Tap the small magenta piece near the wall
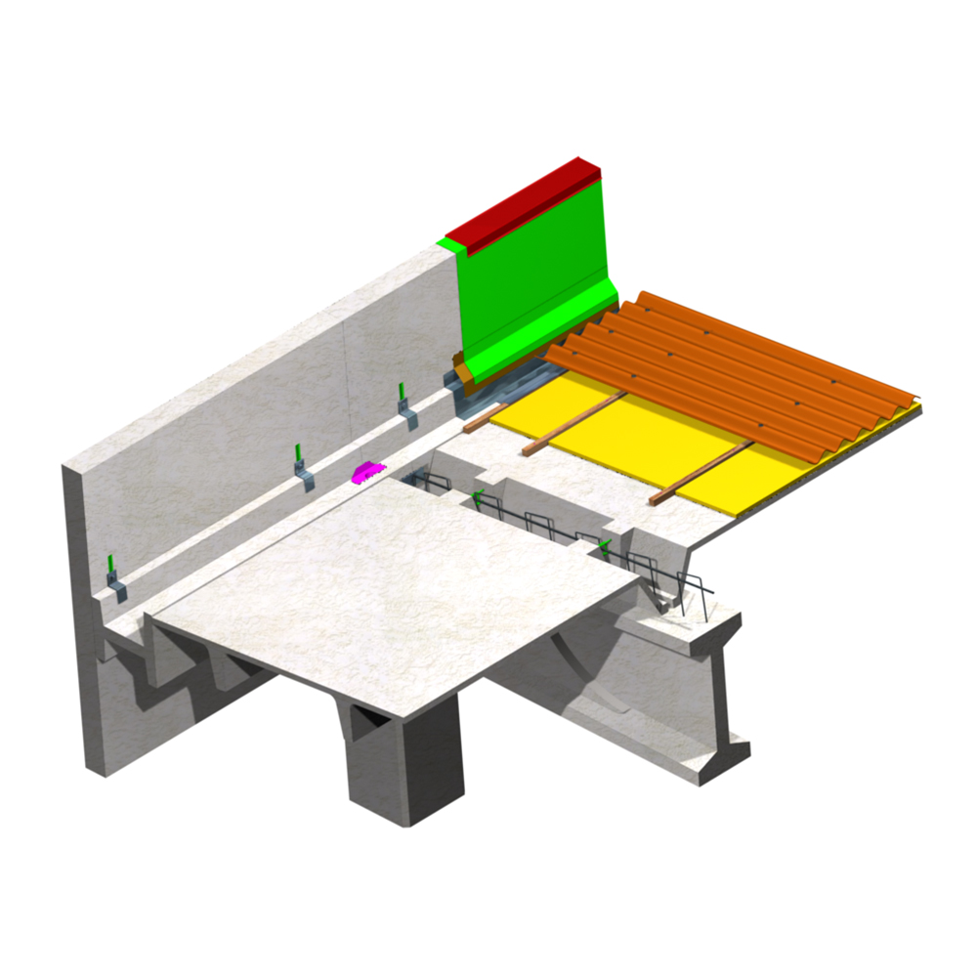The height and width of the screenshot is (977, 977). tap(363, 473)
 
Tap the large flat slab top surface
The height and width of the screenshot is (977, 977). tap(391, 586)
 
